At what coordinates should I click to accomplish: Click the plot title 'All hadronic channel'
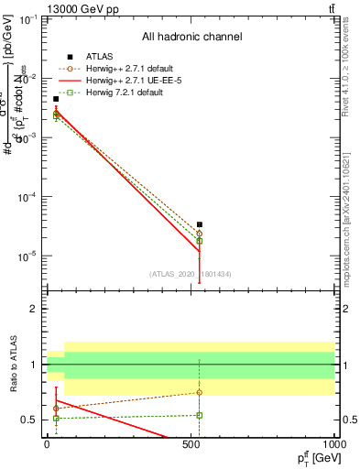point(198,38)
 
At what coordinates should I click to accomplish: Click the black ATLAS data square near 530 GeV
point(200,224)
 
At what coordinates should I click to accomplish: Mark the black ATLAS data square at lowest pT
point(56,99)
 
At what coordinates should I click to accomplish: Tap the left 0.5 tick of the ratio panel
point(32,420)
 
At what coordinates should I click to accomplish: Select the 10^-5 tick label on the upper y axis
point(27,256)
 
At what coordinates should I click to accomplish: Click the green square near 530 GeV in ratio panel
point(200,415)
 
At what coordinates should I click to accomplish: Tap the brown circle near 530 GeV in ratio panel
point(200,392)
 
